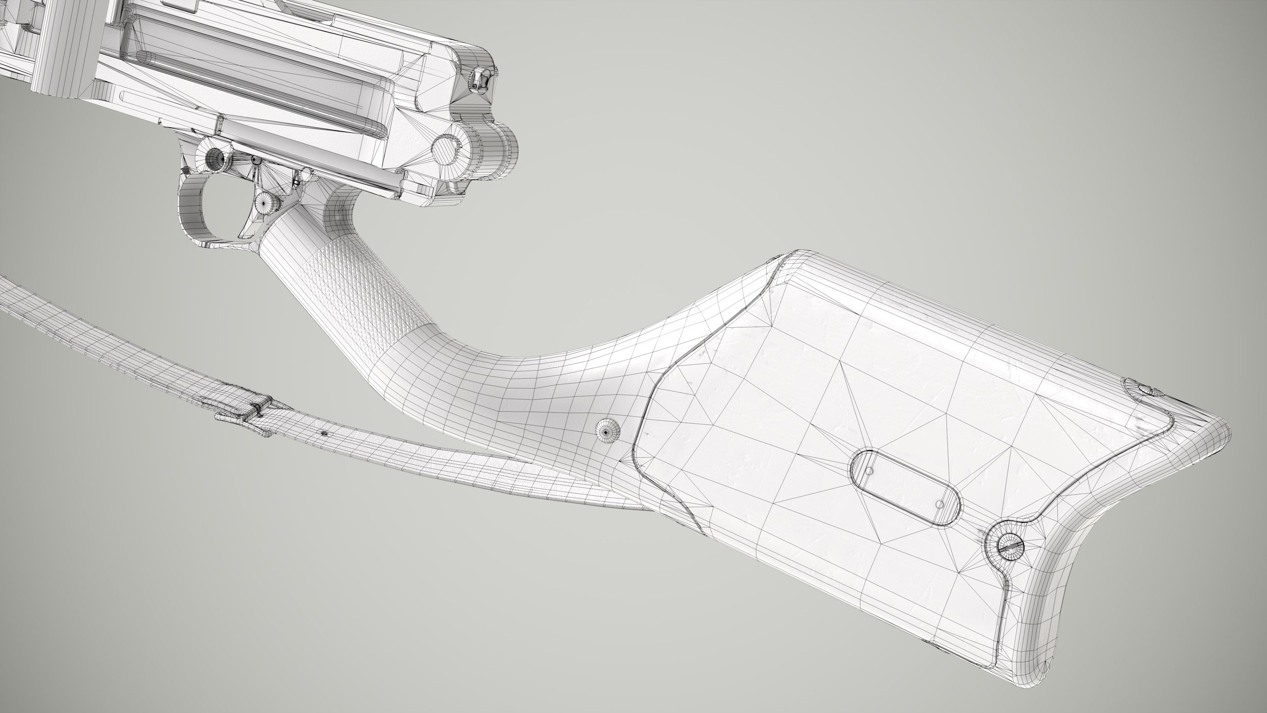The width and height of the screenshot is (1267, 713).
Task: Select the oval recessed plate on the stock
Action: pyautogui.click(x=906, y=488)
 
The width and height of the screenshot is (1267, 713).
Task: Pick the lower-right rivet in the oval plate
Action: pyautogui.click(x=941, y=505)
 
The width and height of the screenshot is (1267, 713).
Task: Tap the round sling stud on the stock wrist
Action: pyautogui.click(x=608, y=432)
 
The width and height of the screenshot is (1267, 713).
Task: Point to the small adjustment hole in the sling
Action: pyautogui.click(x=324, y=434)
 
